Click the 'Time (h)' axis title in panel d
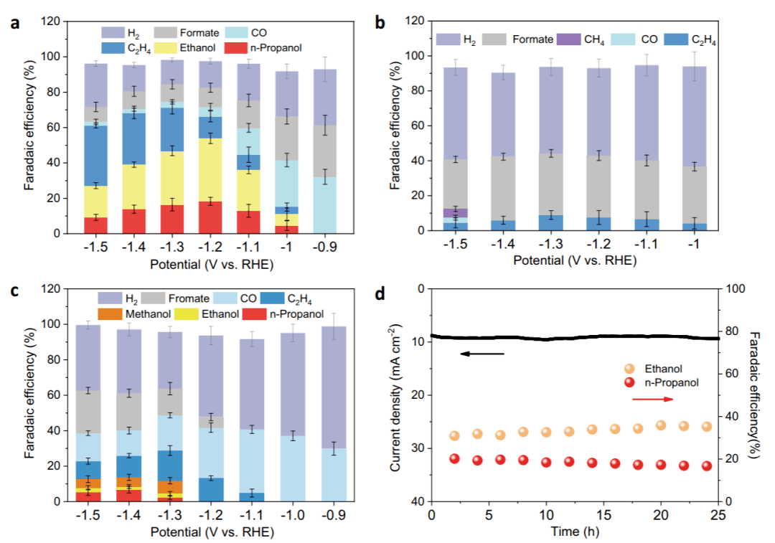point(574,532)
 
